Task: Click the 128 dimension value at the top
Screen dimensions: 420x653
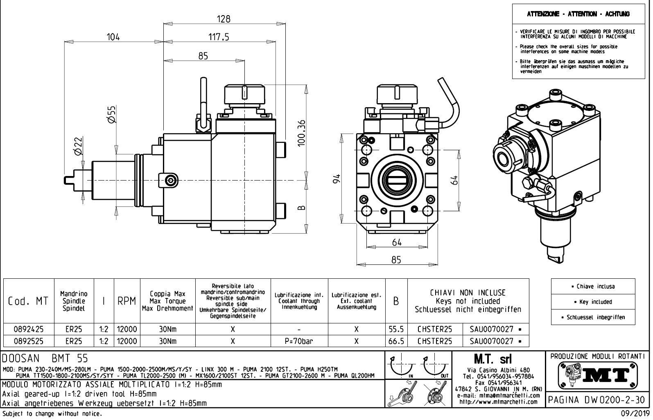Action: pyautogui.click(x=224, y=19)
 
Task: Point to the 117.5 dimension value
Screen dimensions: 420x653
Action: pyautogui.click(x=219, y=37)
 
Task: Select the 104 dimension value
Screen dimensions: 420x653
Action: pyautogui.click(x=113, y=37)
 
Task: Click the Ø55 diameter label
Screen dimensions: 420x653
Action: pyautogui.click(x=111, y=114)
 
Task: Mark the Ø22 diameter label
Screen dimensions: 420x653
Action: pyautogui.click(x=78, y=146)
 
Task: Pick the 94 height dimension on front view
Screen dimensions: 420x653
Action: pyautogui.click(x=337, y=179)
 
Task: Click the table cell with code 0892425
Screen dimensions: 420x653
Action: pyautogui.click(x=29, y=329)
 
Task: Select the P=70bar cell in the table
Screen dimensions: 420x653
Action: pyautogui.click(x=299, y=341)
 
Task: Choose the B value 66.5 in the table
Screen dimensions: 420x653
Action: pyautogui.click(x=396, y=341)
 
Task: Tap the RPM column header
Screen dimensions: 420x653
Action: pyautogui.click(x=127, y=302)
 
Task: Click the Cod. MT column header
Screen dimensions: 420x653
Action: pyautogui.click(x=28, y=302)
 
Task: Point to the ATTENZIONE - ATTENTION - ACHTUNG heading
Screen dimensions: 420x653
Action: pyautogui.click(x=578, y=14)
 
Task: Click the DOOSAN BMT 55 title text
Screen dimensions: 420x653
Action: pyautogui.click(x=45, y=359)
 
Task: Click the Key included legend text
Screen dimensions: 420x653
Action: pyautogui.click(x=596, y=302)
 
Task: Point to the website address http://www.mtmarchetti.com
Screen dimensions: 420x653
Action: pyautogui.click(x=498, y=402)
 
